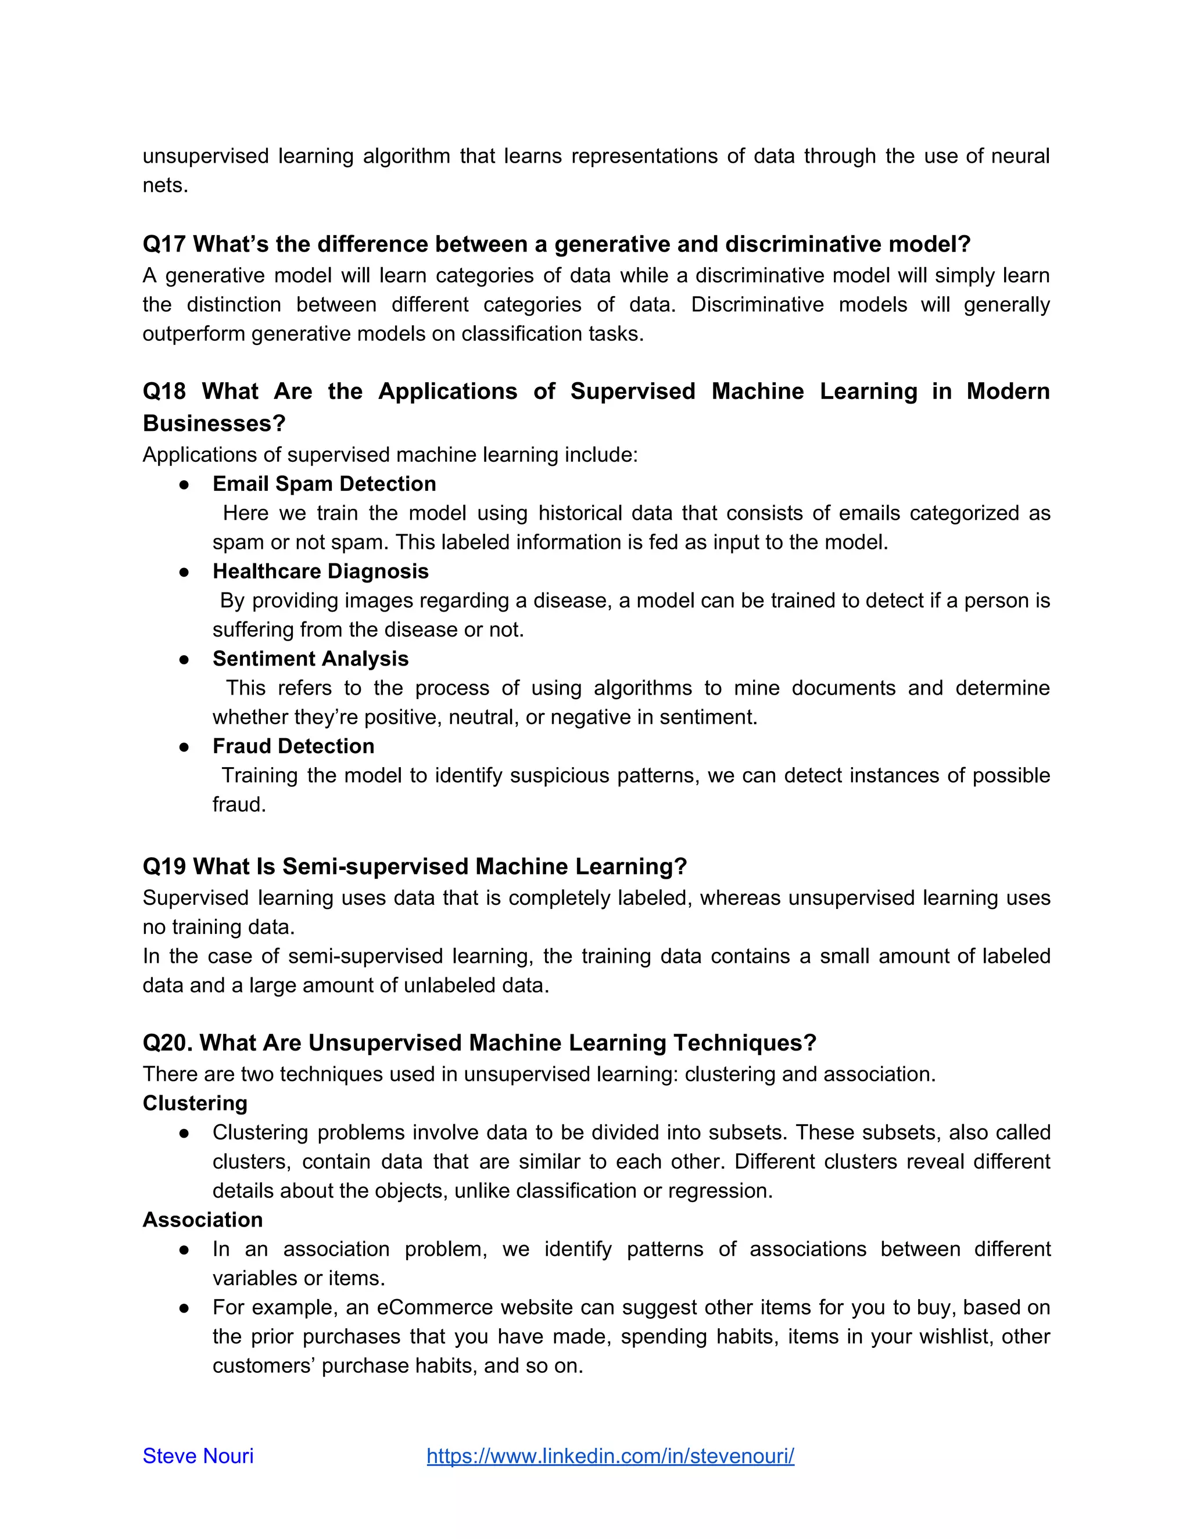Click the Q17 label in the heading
click(163, 244)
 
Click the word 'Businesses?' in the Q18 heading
click(214, 423)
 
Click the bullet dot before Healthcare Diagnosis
click(184, 571)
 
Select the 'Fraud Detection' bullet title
click(293, 746)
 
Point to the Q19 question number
click(163, 866)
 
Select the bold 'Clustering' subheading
click(195, 1103)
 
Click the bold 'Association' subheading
click(202, 1220)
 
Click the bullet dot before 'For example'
click(184, 1308)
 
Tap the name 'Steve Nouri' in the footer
click(198, 1456)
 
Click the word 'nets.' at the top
click(165, 185)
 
